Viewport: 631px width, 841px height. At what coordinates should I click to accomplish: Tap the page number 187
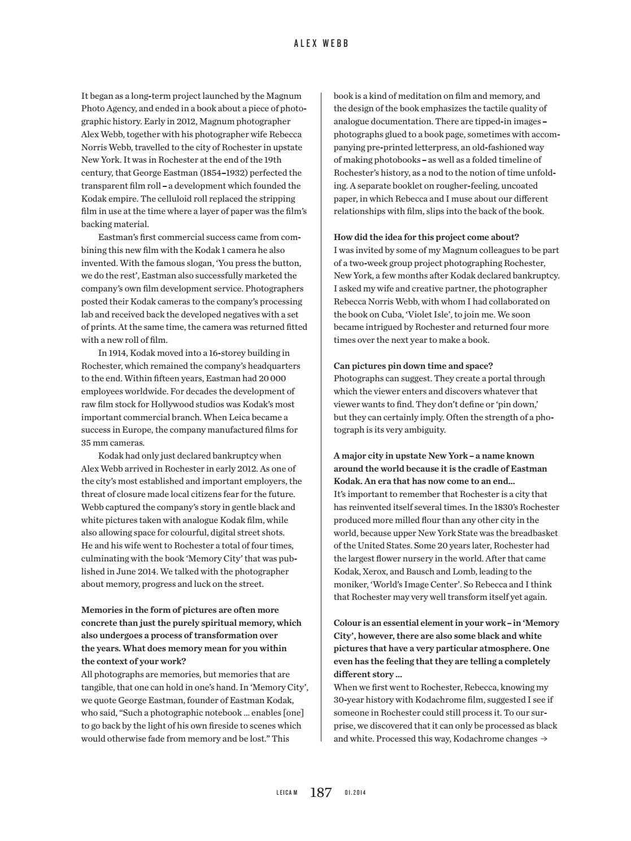320,792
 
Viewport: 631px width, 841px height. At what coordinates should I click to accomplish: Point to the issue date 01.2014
355,793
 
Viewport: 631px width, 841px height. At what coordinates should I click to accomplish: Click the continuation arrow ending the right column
544,739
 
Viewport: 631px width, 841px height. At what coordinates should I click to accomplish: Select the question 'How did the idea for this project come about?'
426,237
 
